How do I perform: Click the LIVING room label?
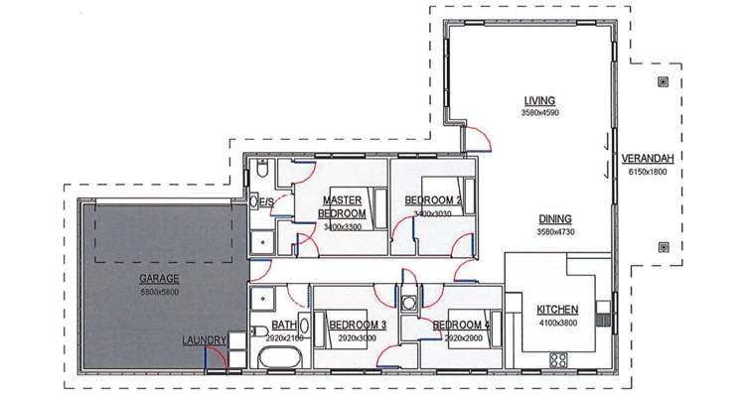click(539, 100)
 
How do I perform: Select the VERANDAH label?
click(644, 159)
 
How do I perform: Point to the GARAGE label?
click(160, 279)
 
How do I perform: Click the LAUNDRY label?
click(205, 340)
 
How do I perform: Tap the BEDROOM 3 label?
click(357, 325)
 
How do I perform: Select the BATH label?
click(283, 325)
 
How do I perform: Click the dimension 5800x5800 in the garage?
click(160, 292)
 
